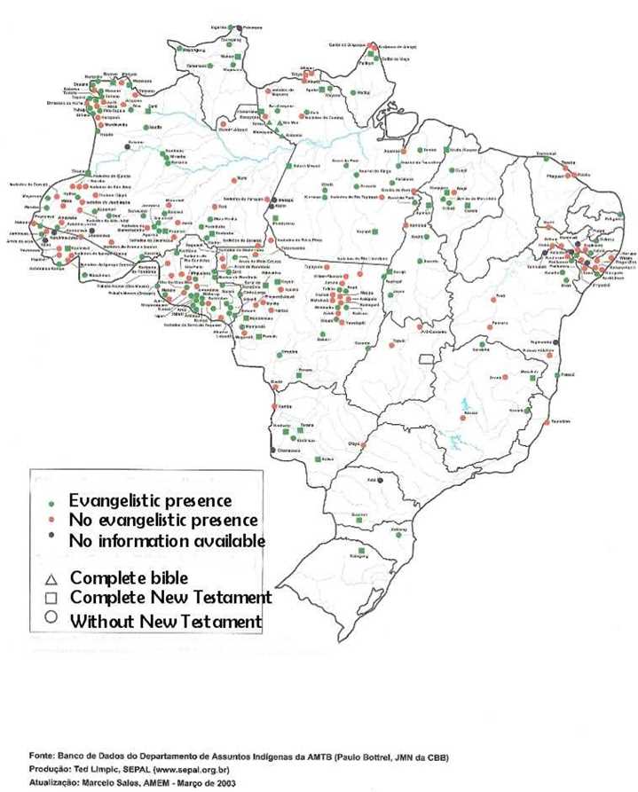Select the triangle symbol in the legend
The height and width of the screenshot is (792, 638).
[51, 578]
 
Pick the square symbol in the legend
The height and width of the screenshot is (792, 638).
[51, 598]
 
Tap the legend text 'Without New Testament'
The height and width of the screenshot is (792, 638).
[166, 620]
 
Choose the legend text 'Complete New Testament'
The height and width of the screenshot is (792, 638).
[170, 599]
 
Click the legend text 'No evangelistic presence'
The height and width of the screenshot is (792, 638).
[164, 521]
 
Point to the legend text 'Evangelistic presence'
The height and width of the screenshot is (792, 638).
[151, 501]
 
